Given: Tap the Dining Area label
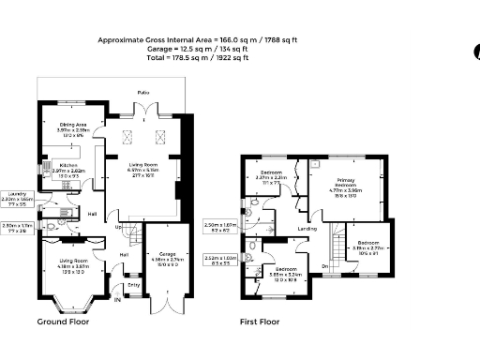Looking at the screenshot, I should point(60,124).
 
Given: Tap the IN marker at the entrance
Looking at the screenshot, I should point(117,300).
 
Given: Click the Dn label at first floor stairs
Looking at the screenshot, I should point(325,266).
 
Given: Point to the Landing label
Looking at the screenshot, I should point(307,228).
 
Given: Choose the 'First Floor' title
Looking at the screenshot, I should point(262,322).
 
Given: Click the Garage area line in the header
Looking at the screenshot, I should point(173,50).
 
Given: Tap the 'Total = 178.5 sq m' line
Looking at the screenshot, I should point(173,58).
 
